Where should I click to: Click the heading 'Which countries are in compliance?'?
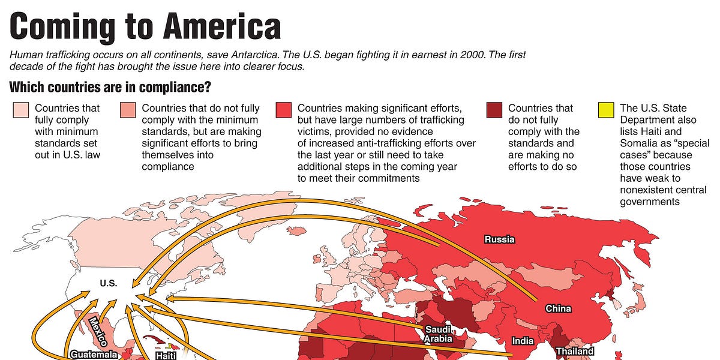pyautogui.click(x=110, y=88)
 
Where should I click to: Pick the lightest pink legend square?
pyautogui.click(x=20, y=110)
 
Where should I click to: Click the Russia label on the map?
pyautogui.click(x=499, y=239)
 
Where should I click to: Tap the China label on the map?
pyautogui.click(x=558, y=309)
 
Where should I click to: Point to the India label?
pyautogui.click(x=523, y=341)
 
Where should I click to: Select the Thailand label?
pyautogui.click(x=575, y=351)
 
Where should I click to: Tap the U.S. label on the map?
pyautogui.click(x=109, y=283)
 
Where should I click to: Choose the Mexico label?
pyautogui.click(x=97, y=329)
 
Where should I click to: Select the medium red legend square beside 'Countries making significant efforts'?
pyautogui.click(x=283, y=110)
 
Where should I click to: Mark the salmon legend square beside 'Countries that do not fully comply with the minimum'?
pyautogui.click(x=127, y=110)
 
